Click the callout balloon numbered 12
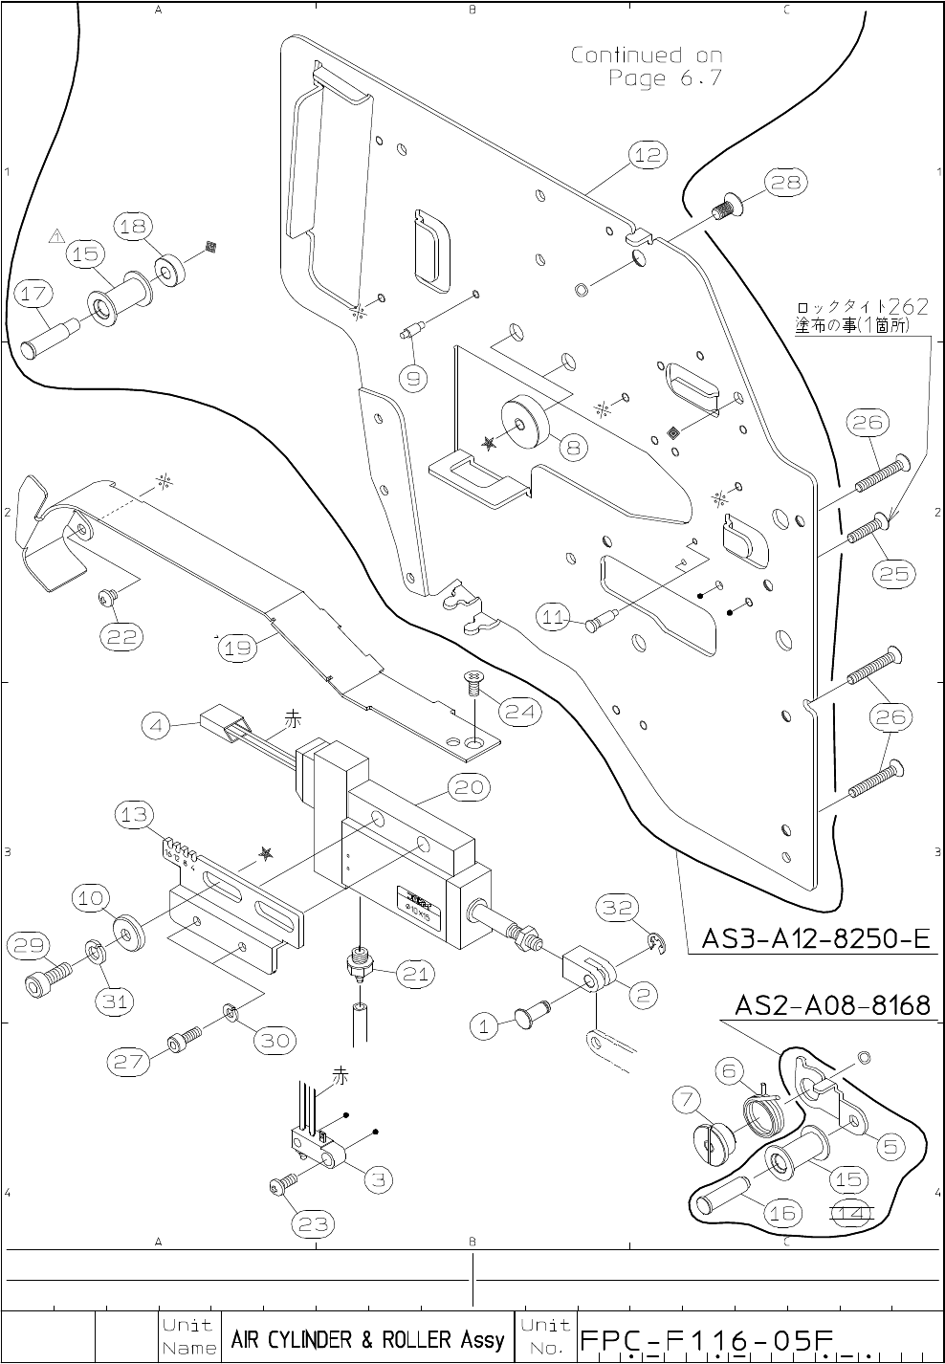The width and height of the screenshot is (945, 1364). (x=648, y=154)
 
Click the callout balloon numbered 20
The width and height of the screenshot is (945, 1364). (x=468, y=787)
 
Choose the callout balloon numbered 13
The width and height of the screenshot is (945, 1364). (x=134, y=815)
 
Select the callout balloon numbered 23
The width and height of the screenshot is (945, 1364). (x=316, y=1222)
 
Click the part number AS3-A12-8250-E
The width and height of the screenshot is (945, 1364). (x=816, y=938)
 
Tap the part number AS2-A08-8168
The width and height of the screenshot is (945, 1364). (x=832, y=1005)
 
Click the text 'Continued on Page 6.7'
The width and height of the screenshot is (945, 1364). (x=648, y=66)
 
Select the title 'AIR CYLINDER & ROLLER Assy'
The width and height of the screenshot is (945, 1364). (x=367, y=1339)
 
